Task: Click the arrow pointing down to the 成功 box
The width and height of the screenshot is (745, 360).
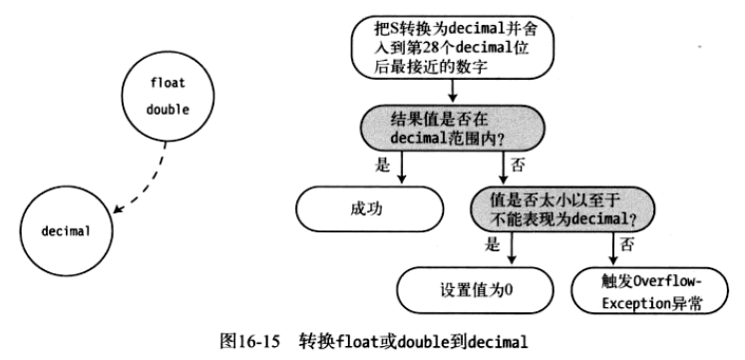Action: click(401, 171)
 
